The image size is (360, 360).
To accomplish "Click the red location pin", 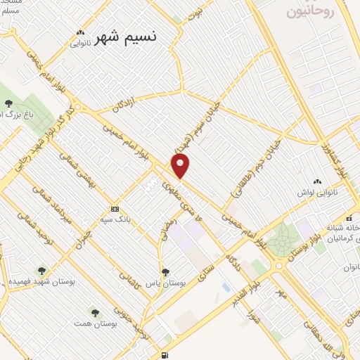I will coord(181,165).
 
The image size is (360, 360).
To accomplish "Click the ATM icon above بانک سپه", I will coord(115,209).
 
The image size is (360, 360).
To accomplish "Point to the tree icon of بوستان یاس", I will coord(165,271).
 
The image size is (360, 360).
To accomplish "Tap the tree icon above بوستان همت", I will coord(94,311).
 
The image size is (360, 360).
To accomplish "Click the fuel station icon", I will coord(165,356).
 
